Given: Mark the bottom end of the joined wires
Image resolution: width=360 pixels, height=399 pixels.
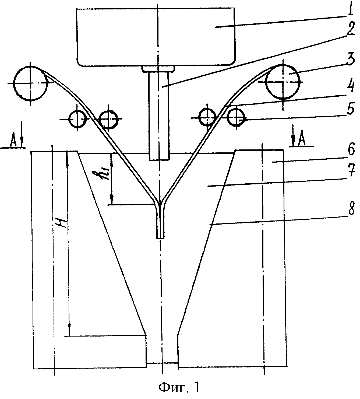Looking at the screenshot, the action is click(x=160, y=238).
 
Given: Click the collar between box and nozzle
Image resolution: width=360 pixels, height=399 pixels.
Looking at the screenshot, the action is click(x=158, y=69).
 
